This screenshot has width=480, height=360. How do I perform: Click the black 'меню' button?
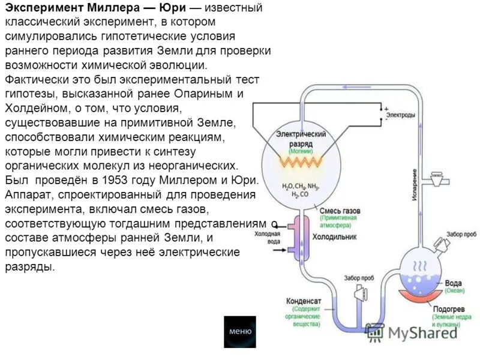(x=240, y=332)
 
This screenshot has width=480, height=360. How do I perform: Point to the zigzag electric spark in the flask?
(x=300, y=163)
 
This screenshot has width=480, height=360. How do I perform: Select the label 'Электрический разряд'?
(x=301, y=139)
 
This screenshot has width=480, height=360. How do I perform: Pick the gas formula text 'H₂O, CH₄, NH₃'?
(x=301, y=186)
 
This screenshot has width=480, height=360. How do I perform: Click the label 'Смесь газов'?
(x=339, y=211)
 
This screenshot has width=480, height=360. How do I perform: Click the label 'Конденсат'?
(x=304, y=301)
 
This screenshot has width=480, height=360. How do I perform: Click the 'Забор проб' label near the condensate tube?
(x=359, y=278)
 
